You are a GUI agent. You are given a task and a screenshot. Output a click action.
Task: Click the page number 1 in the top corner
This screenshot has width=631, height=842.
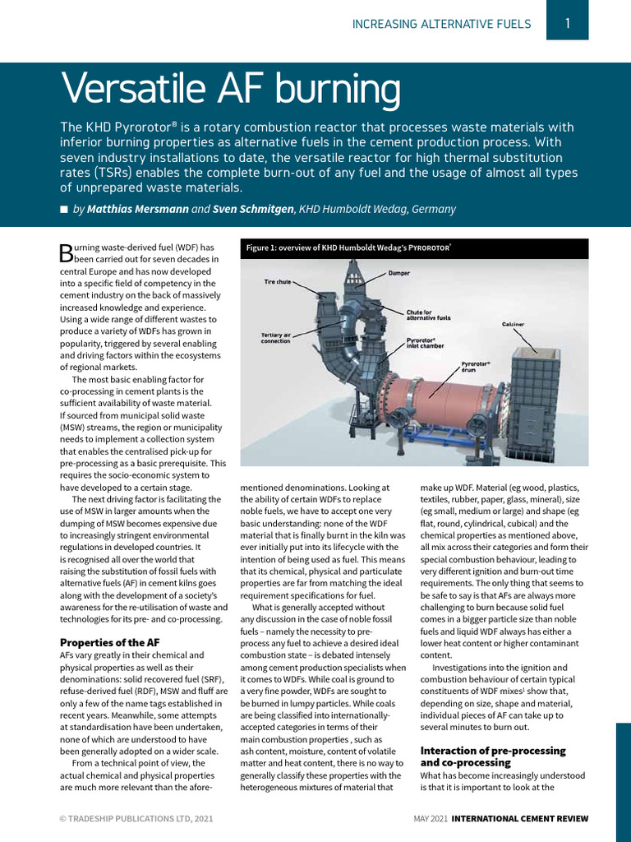tap(567, 24)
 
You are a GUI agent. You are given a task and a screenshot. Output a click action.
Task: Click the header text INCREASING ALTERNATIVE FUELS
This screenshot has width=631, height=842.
tap(441, 24)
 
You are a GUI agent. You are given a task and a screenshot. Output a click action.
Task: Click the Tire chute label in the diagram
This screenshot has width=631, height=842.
tap(277, 281)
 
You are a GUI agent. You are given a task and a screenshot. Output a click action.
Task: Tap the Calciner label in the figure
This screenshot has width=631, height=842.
tap(513, 324)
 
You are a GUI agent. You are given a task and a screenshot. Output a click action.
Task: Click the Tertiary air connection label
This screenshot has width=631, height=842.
tap(275, 338)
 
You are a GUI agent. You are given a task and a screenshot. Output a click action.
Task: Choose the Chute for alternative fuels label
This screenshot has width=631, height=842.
tap(428, 314)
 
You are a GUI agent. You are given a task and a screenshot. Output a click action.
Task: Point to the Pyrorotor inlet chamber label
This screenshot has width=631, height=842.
tap(426, 343)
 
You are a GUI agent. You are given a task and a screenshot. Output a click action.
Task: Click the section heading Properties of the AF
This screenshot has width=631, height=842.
tap(110, 642)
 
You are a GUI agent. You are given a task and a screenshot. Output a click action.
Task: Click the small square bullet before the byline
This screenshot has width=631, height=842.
tap(64, 210)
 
